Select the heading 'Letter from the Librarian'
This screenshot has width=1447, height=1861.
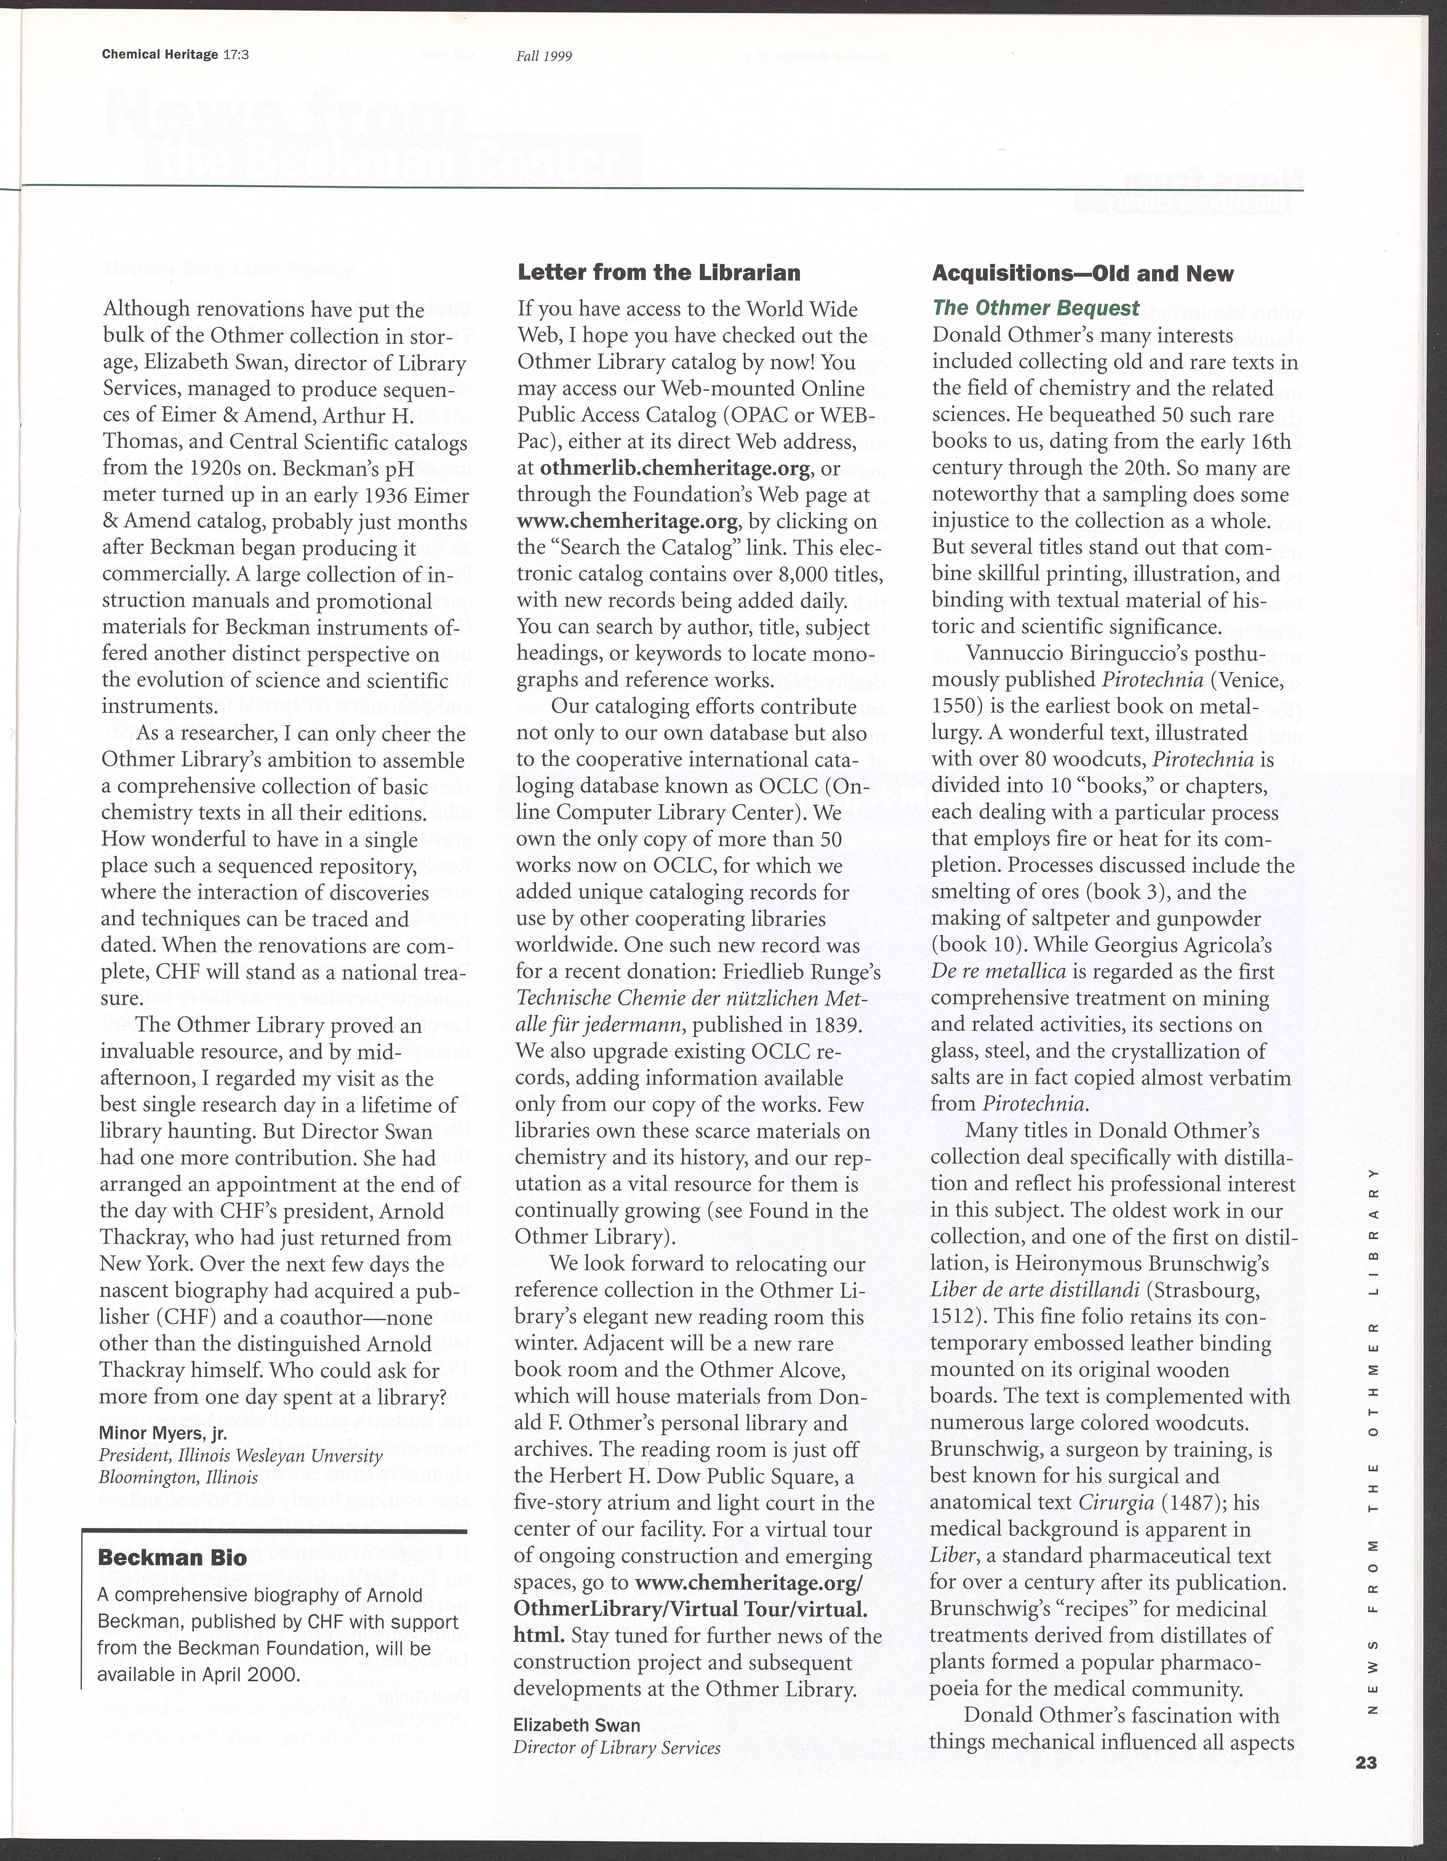point(659,273)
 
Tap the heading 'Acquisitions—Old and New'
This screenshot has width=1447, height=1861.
point(1082,273)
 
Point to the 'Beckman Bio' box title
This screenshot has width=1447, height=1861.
point(172,1558)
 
